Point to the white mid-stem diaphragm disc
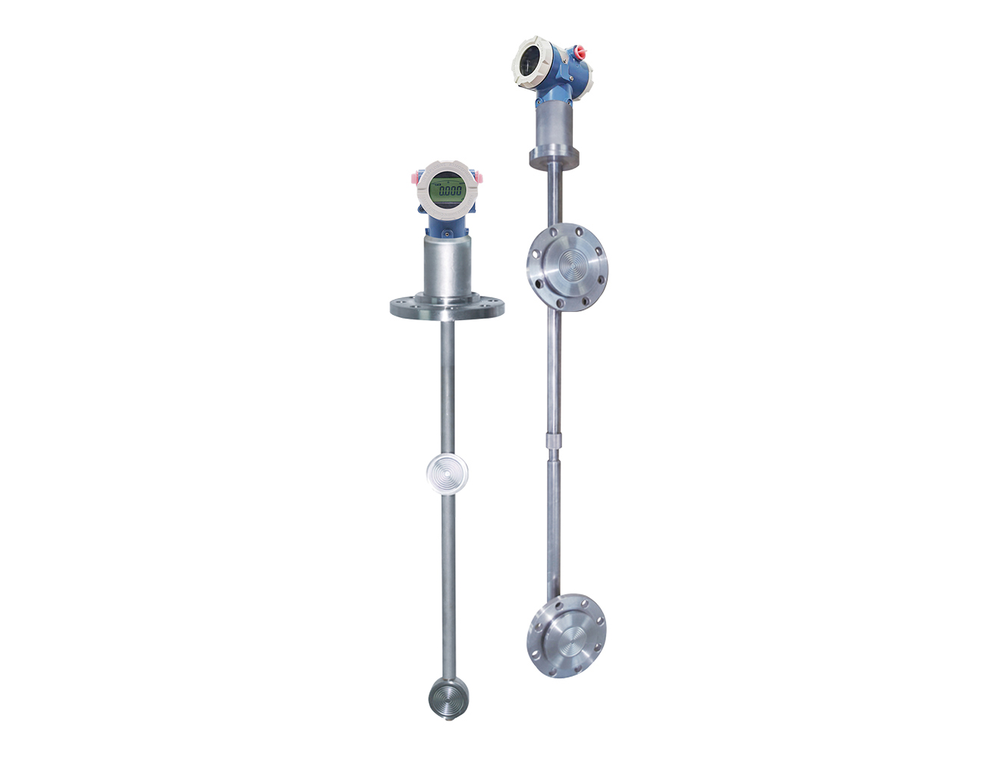click(x=447, y=472)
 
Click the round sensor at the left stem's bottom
click(x=447, y=695)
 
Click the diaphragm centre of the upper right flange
click(x=567, y=264)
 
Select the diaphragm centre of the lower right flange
click(x=567, y=635)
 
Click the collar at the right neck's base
click(x=555, y=157)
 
